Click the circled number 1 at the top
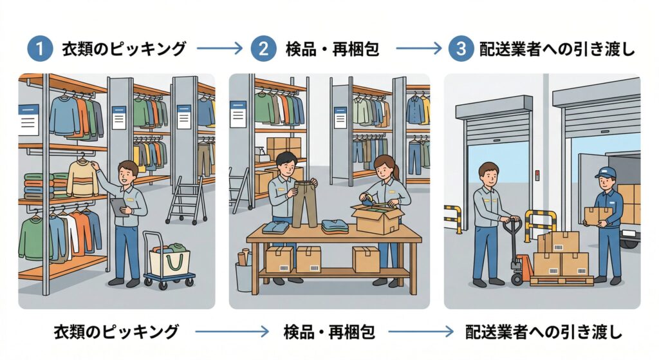[x=39, y=50]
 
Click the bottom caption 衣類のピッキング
[x=115, y=332]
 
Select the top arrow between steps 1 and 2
[x=219, y=50]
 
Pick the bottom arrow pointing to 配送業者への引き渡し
[x=422, y=332]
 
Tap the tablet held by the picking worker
[x=118, y=207]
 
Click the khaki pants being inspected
[x=304, y=202]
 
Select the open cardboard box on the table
[x=376, y=219]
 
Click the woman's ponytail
[x=395, y=171]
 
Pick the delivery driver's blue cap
[x=604, y=172]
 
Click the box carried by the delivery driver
[x=598, y=215]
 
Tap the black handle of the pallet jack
[x=512, y=227]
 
